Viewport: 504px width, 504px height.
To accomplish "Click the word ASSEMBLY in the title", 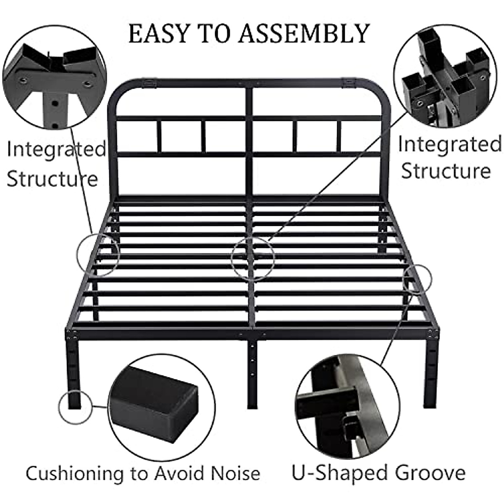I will (x=304, y=33).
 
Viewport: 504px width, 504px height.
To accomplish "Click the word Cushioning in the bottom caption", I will (x=74, y=473).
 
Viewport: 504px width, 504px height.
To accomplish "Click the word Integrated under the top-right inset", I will (x=449, y=144).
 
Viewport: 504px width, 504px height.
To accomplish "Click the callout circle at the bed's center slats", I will (x=253, y=258).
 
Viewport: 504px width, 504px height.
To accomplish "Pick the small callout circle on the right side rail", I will (x=417, y=277).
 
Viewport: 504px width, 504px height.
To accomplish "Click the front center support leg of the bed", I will (x=251, y=370).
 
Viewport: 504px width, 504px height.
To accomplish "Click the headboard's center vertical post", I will (x=249, y=139).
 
